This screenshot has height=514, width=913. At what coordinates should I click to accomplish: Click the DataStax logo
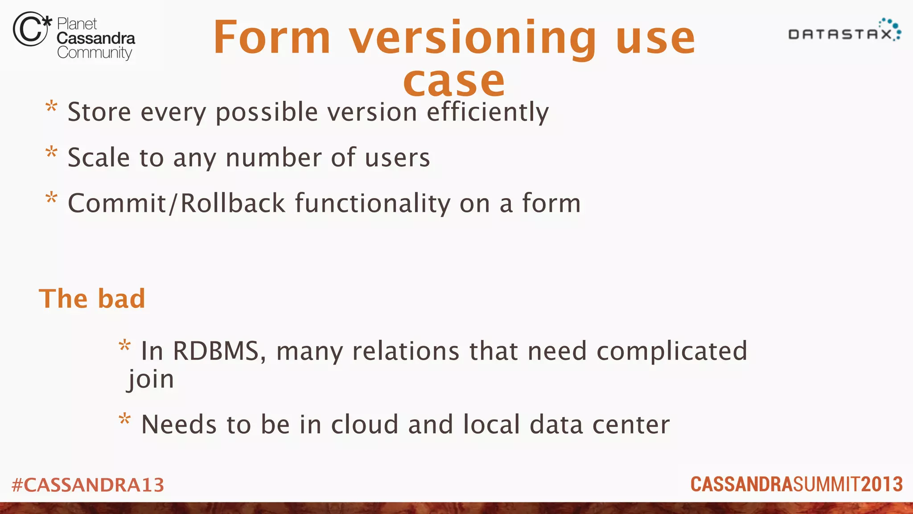click(844, 31)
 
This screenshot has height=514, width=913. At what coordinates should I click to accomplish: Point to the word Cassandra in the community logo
click(96, 38)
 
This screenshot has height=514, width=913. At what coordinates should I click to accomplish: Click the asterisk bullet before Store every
click(52, 107)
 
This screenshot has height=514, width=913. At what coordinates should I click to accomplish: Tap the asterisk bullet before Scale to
click(52, 153)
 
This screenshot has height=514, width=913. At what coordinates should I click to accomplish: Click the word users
click(397, 158)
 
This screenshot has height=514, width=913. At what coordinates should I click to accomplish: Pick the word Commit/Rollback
click(177, 203)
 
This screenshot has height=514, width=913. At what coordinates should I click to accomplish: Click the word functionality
click(373, 203)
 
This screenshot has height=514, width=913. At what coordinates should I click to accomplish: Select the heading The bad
click(92, 298)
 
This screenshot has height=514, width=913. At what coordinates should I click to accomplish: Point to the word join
click(151, 379)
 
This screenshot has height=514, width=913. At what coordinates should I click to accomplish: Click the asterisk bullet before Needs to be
click(125, 419)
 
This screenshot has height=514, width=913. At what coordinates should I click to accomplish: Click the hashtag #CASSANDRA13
click(88, 485)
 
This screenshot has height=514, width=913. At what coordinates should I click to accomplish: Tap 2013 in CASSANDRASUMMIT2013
click(882, 485)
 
